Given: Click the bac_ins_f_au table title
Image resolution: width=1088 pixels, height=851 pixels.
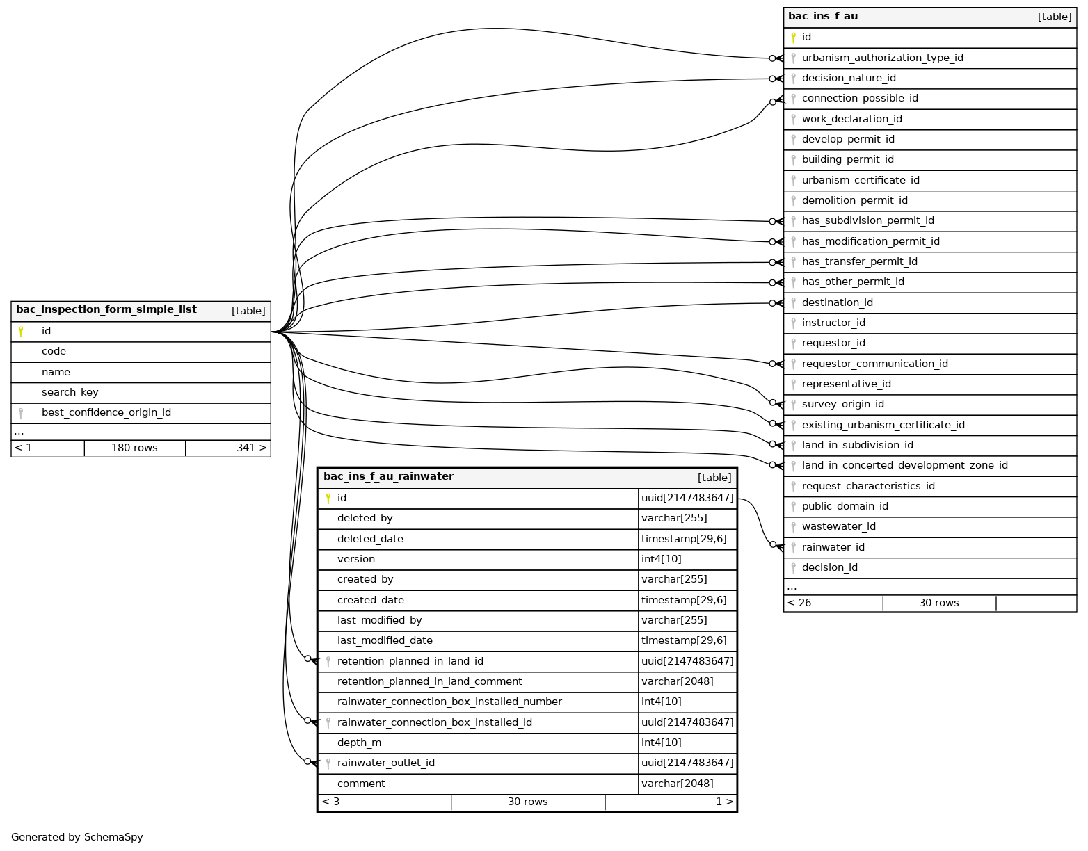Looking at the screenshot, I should (x=823, y=16).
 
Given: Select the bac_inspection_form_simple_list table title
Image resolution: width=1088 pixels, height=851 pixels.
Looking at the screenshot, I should (x=106, y=310).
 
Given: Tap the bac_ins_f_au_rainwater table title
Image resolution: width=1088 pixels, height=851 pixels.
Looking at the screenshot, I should (x=388, y=477).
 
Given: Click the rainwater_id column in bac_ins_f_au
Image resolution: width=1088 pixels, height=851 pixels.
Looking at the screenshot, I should (x=833, y=547).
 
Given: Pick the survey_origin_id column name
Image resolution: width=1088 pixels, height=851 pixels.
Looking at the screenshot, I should (x=842, y=404).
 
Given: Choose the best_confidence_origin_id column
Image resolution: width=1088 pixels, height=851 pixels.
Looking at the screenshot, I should (x=106, y=412).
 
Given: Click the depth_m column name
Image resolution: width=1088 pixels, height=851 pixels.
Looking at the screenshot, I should (x=359, y=743).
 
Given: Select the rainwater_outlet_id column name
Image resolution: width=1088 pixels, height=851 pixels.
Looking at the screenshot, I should (x=385, y=763).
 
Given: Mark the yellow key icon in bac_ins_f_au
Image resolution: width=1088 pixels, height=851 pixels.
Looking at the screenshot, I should (x=793, y=38).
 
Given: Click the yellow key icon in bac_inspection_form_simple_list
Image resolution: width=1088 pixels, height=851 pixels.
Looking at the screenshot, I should (x=21, y=332).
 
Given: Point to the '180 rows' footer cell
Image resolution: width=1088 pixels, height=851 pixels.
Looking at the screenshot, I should (x=134, y=448).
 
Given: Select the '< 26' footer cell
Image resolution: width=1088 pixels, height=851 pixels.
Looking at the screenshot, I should (x=799, y=603).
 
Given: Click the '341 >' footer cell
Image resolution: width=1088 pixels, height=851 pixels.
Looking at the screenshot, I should (x=251, y=448).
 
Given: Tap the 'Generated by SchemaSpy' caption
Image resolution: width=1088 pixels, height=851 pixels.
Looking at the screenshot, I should (x=77, y=837).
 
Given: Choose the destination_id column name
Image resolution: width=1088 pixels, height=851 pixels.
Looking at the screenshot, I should (x=837, y=302).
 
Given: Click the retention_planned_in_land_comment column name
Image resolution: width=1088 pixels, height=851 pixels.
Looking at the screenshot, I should (x=429, y=681).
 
